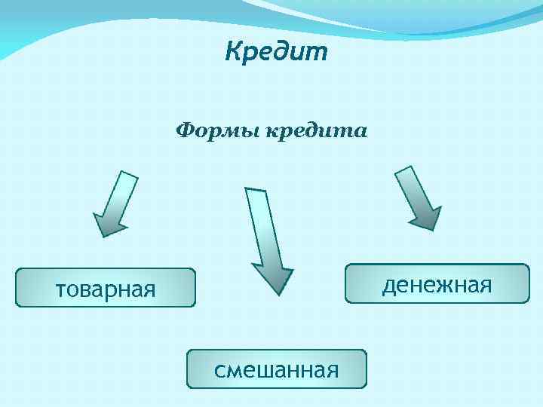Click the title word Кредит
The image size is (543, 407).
coord(276,52)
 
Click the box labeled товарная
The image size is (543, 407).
coord(106,288)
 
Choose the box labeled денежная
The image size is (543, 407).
coord(437,283)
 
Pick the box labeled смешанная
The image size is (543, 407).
coord(276,369)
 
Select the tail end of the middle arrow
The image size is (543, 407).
coord(256,191)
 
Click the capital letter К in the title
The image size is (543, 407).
coord(235,52)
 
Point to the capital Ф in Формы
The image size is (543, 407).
coord(184,132)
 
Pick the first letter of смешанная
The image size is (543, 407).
coord(219,370)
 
